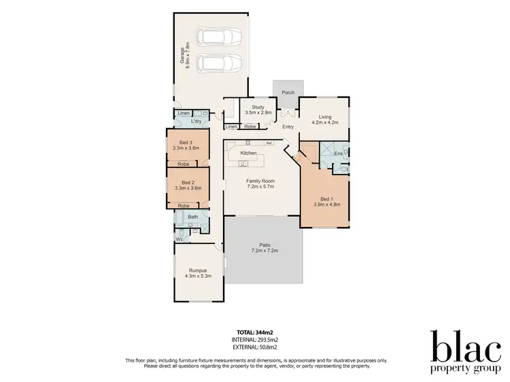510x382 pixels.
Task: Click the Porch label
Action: pos(288,92)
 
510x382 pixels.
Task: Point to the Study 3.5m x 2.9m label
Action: pos(258,109)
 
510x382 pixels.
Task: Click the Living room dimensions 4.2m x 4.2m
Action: pos(324,123)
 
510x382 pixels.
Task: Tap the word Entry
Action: pos(288,126)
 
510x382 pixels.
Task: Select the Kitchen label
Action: pos(248,154)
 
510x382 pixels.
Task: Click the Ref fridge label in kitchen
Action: pos(269,143)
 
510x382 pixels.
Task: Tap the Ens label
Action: pos(338,154)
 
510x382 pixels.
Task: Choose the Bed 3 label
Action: pos(185,143)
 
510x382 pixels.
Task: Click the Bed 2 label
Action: pos(185,182)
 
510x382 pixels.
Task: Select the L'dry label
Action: pos(197,121)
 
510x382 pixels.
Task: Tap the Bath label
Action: pos(193,218)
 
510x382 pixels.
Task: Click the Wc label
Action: pos(180,239)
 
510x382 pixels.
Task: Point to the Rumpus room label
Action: pos(197,270)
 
